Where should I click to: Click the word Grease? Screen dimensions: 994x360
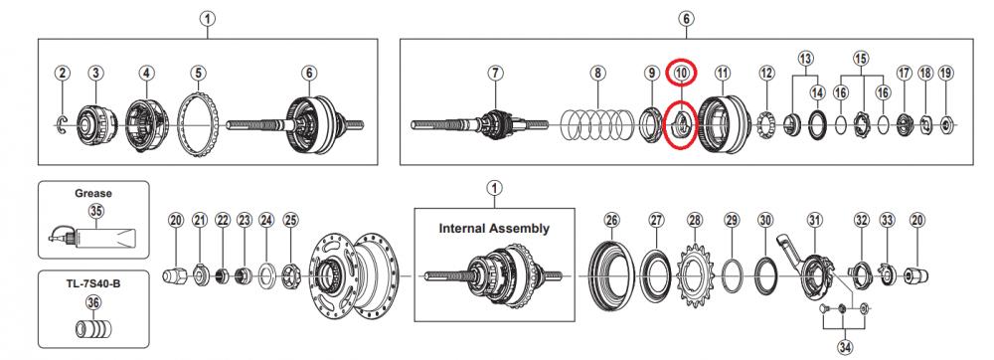click(93, 193)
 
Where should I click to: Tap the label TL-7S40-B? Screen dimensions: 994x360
click(92, 283)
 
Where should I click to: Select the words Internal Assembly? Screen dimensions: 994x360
click(494, 228)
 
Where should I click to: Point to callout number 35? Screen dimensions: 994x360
click(96, 211)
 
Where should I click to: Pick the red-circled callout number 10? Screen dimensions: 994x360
click(681, 73)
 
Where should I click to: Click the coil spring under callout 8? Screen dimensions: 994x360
click(596, 125)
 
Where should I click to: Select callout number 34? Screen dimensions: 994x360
click(845, 347)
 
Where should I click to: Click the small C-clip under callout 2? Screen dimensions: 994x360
click(62, 125)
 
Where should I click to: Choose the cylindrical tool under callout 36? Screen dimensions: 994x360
click(92, 330)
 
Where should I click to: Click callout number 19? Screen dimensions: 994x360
click(945, 73)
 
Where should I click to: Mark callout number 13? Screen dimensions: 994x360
click(805, 59)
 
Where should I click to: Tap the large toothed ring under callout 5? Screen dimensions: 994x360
click(198, 126)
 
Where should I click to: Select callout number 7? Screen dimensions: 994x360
click(495, 73)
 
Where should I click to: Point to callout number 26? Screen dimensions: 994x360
click(611, 221)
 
